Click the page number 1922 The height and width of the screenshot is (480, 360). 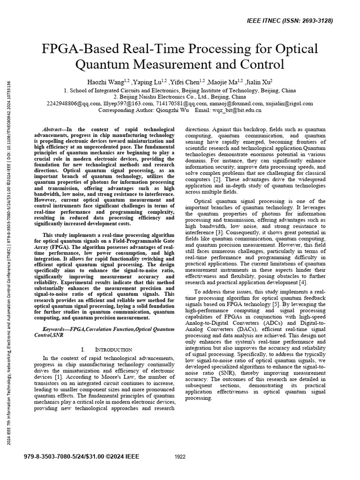[x=180, y=457]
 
